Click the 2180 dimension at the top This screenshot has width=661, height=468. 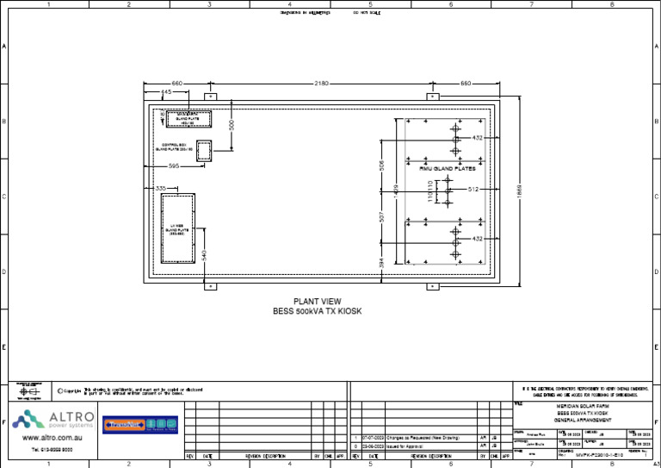click(320, 84)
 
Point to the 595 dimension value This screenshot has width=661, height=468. click(174, 165)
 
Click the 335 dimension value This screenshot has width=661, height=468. click(160, 188)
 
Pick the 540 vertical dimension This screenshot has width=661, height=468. click(204, 255)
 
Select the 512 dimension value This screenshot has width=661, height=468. click(473, 189)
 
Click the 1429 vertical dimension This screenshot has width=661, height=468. click(395, 191)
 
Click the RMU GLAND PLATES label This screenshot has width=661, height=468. click(448, 169)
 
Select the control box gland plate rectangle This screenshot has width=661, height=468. click(204, 151)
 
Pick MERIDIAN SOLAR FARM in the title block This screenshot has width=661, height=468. click(584, 405)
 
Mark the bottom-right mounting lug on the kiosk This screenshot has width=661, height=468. click(432, 286)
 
